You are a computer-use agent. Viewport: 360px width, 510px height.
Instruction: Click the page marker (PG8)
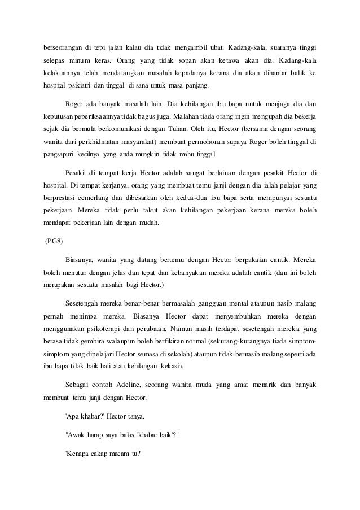[55, 242]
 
